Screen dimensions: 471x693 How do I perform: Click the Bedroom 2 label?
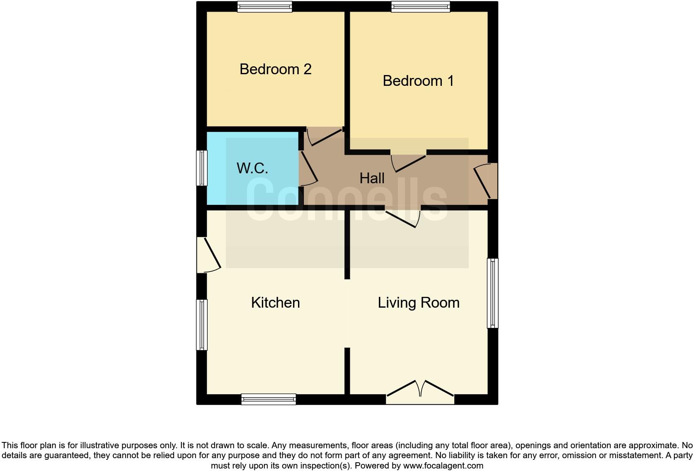coord(275,69)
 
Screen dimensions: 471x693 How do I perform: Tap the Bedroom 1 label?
coord(418,81)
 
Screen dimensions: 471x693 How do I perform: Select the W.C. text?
coord(252,168)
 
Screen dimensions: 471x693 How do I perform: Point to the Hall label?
coord(372,178)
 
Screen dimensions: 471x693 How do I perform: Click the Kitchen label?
coord(275,303)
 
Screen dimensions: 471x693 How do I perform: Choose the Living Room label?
coord(418,303)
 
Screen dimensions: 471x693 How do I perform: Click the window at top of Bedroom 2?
coord(264,7)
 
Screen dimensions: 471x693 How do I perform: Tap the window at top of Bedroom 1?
coord(420,7)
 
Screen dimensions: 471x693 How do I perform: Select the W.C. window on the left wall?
coord(202,168)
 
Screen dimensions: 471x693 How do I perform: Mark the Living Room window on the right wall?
coord(492,293)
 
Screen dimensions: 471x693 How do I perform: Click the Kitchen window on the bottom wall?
coord(269,399)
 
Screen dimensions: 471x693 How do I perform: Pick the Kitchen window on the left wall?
coord(202,325)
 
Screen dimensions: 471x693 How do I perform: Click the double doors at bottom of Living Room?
coord(420,392)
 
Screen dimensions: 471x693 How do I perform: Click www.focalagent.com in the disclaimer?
coord(443,466)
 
